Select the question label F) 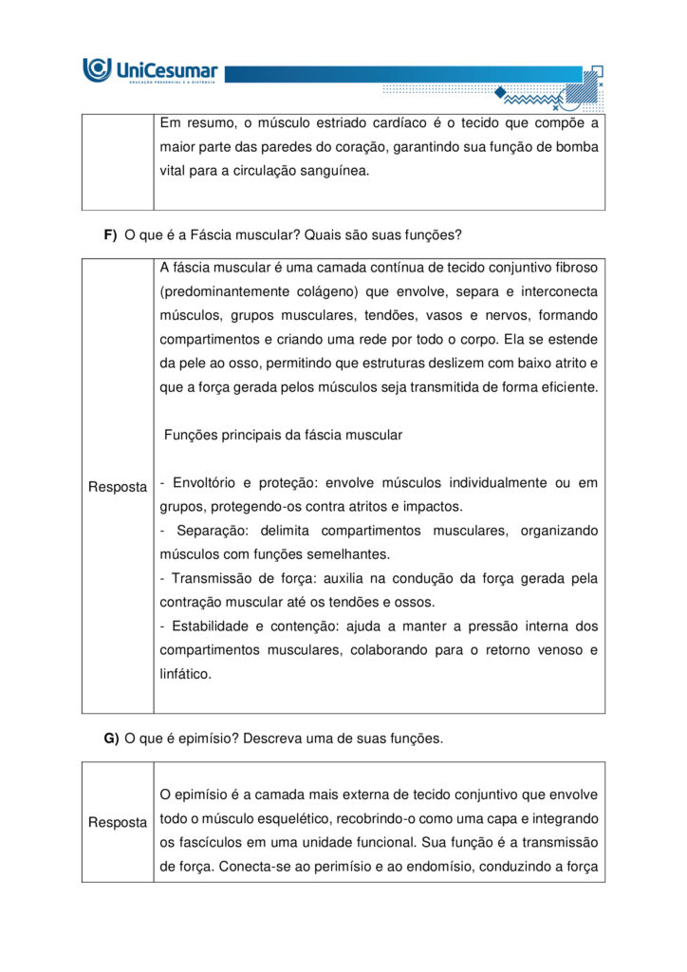110,235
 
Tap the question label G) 111,738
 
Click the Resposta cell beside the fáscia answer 118,487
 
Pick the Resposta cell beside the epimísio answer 118,822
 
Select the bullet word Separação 215,531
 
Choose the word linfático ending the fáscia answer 186,674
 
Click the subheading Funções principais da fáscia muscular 284,435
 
